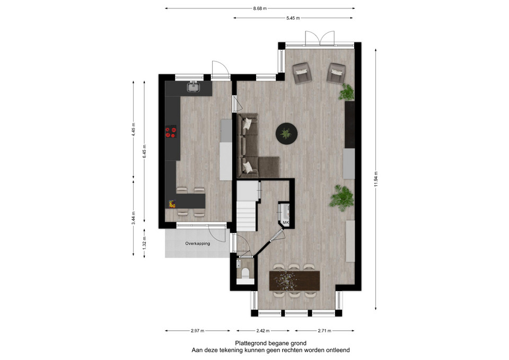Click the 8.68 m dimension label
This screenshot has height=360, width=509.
260,8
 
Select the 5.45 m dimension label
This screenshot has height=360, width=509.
293,18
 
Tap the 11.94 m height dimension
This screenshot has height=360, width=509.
376,179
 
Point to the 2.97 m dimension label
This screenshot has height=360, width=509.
197,331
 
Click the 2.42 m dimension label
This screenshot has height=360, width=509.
262,331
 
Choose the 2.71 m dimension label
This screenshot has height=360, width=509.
324,331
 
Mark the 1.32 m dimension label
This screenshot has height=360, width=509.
144,243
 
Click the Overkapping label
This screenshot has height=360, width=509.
197,243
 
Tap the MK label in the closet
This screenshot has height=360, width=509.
286,222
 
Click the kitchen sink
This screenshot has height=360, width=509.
193,86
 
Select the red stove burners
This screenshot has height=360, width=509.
171,132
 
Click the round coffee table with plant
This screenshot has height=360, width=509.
287,134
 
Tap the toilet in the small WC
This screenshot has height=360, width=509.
245,274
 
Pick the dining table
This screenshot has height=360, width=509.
294,280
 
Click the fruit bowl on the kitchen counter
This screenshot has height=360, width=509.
172,204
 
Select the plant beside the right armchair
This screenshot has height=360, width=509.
346,92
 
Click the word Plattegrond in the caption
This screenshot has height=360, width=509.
250,343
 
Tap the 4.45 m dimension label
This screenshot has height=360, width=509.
134,129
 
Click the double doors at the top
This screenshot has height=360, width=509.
320,38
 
